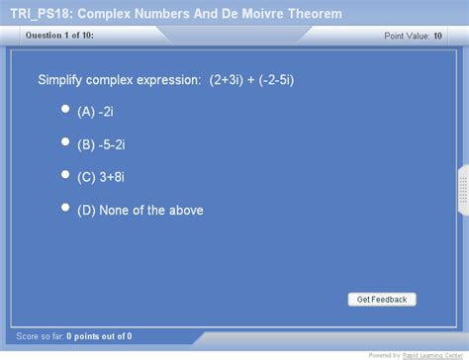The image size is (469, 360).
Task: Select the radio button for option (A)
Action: coord(65,110)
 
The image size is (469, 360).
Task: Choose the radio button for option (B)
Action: coord(65,142)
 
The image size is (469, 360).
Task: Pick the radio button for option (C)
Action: coord(65,175)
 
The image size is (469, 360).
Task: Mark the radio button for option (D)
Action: coord(65,208)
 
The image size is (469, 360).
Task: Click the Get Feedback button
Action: coord(382,299)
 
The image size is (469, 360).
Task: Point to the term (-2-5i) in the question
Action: coord(288,80)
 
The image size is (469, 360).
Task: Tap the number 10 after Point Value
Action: coord(437,37)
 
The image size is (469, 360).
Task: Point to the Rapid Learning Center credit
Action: coord(432,354)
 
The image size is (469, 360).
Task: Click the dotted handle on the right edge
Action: coord(462,190)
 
